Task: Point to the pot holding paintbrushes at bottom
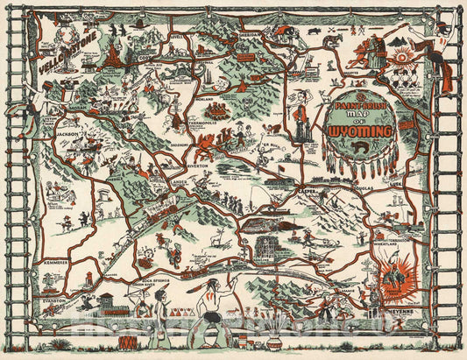pyautogui.click(x=273, y=336)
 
